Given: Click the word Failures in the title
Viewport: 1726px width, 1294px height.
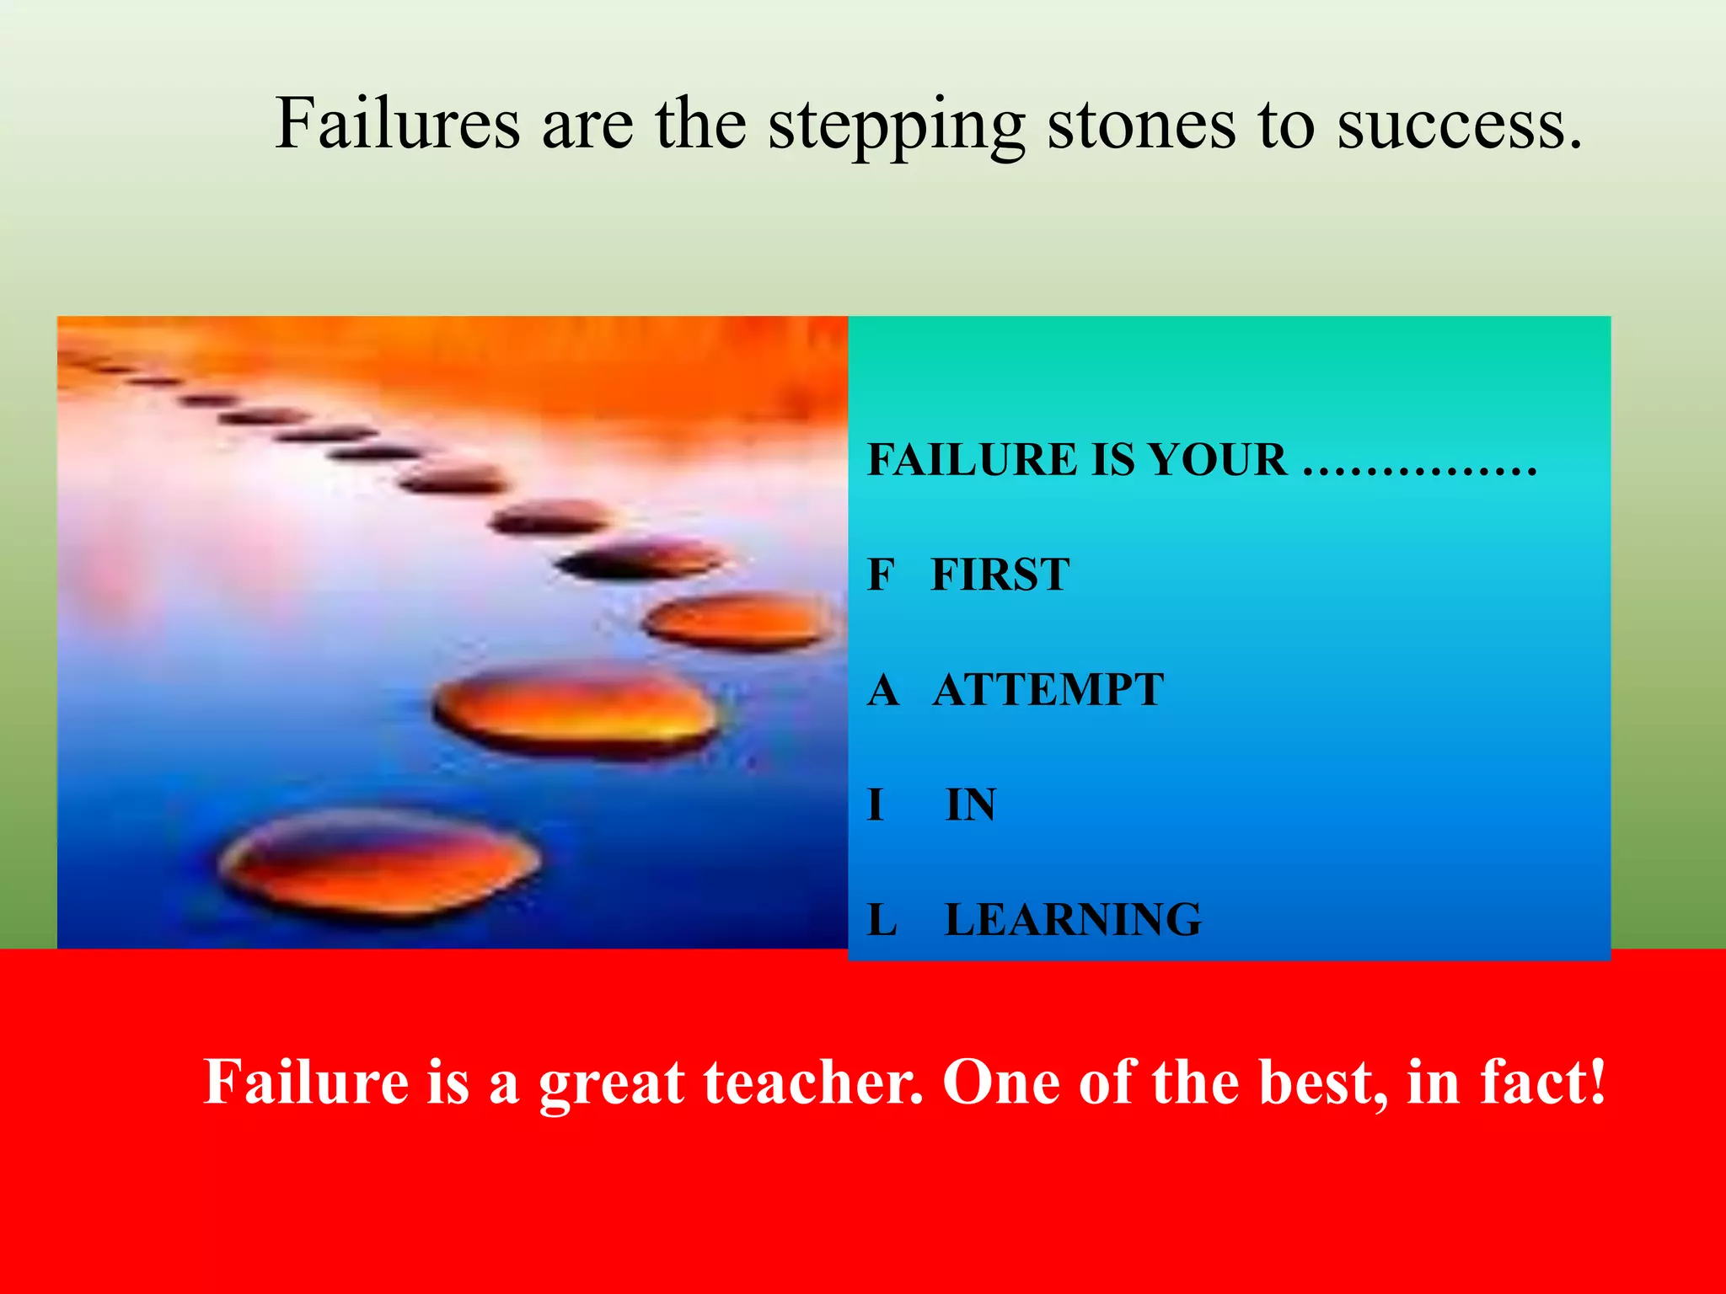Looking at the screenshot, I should pyautogui.click(x=398, y=124).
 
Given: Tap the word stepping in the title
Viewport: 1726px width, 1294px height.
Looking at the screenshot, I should pyautogui.click(x=896, y=126).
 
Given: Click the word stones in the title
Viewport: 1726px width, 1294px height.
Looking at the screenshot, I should pyautogui.click(x=1140, y=124).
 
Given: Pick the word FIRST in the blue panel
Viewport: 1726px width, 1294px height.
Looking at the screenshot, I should pyautogui.click(x=1000, y=575).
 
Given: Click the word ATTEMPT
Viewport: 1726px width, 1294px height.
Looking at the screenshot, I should pyautogui.click(x=1048, y=690).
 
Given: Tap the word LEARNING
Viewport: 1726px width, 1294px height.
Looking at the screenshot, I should pyautogui.click(x=1073, y=919).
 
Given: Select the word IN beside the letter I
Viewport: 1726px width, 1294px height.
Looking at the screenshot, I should pyautogui.click(x=970, y=805).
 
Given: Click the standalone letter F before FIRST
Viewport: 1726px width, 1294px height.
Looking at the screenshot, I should pyautogui.click(x=880, y=575).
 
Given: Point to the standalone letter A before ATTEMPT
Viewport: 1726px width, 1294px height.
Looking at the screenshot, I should pyautogui.click(x=882, y=690).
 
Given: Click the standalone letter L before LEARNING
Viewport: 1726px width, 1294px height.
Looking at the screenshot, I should pyautogui.click(x=882, y=919).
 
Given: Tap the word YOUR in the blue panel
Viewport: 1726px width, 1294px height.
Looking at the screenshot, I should pyautogui.click(x=1218, y=460).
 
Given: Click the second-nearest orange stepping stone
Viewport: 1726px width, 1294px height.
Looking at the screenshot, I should pyautogui.click(x=576, y=709).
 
